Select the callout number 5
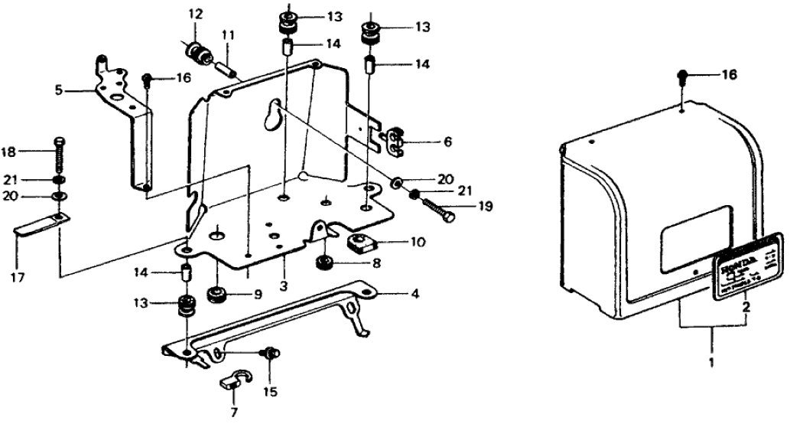coord(58,90)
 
